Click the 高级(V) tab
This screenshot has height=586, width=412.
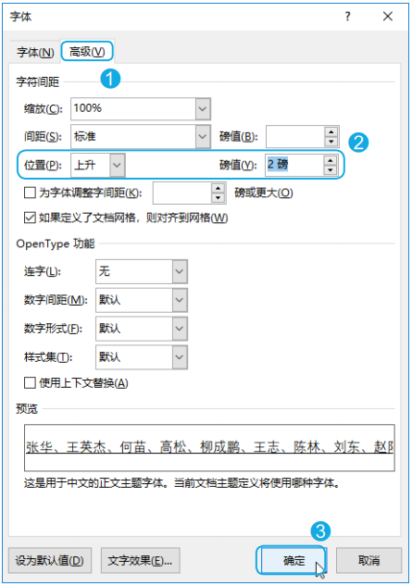click(x=87, y=51)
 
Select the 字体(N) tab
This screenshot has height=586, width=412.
click(x=35, y=52)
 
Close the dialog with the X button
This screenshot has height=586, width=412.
click(x=388, y=17)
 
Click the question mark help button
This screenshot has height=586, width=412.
click(x=348, y=17)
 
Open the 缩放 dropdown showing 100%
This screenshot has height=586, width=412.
click(x=141, y=108)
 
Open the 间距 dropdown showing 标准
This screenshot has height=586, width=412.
click(x=141, y=136)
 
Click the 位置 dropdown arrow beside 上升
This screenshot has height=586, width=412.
click(x=117, y=165)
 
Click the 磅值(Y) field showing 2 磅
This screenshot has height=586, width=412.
click(x=294, y=165)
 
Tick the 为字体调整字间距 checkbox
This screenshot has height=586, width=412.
click(x=30, y=193)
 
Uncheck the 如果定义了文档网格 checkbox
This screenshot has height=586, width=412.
click(x=30, y=218)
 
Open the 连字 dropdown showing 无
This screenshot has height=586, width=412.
click(x=142, y=271)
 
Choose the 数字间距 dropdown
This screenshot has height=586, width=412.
click(x=142, y=300)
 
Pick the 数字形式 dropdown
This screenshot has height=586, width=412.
click(x=142, y=329)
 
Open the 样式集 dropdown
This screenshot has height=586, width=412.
click(x=142, y=357)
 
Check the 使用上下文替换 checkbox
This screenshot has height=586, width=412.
click(x=30, y=383)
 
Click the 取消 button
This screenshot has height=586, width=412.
click(x=369, y=560)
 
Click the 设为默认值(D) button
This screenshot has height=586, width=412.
click(x=50, y=560)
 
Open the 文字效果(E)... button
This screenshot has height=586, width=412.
click(x=140, y=560)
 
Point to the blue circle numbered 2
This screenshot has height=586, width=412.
click(x=358, y=143)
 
